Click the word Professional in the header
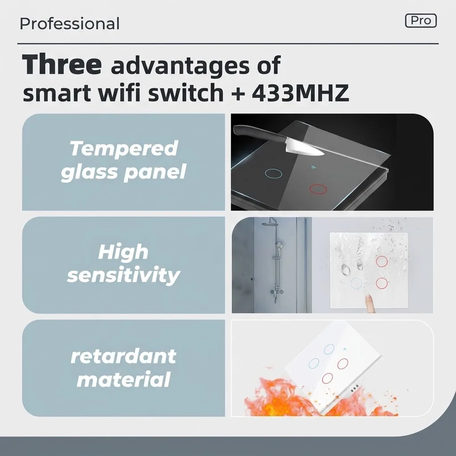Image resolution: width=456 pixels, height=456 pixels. pyautogui.click(x=69, y=24)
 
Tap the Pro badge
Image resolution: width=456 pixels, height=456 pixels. pyautogui.click(x=421, y=20)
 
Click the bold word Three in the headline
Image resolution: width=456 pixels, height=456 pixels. pyautogui.click(x=61, y=64)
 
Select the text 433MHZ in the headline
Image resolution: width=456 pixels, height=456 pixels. pyautogui.click(x=300, y=93)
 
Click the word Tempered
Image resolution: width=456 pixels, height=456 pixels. pyautogui.click(x=124, y=149)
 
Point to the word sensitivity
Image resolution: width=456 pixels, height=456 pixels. pyautogui.click(x=124, y=275)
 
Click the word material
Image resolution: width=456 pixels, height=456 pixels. pyautogui.click(x=124, y=379)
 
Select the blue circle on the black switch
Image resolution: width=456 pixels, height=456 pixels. pyautogui.click(x=273, y=174)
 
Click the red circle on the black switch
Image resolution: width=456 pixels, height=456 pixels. pyautogui.click(x=318, y=189)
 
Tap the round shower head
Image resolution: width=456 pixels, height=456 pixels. pyautogui.click(x=269, y=224)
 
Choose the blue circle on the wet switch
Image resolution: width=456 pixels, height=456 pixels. pyautogui.click(x=356, y=283)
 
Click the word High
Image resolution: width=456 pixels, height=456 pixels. pyautogui.click(x=123, y=252)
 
